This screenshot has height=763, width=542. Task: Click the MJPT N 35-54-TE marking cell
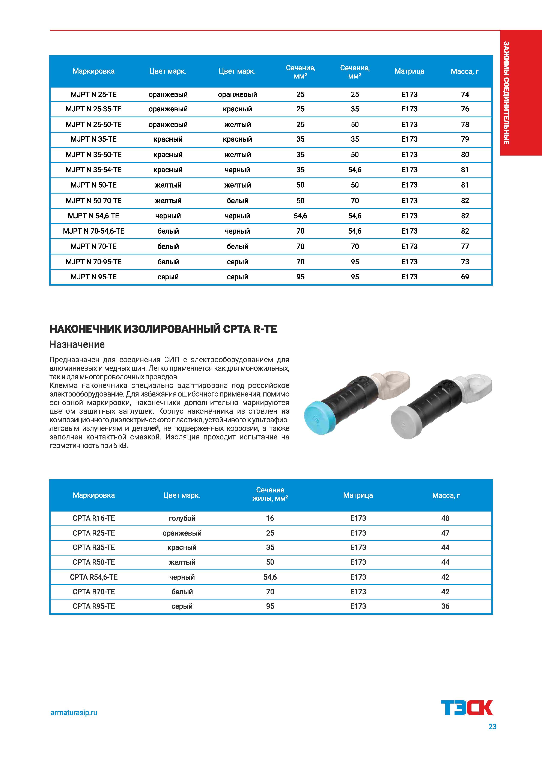pyautogui.click(x=93, y=170)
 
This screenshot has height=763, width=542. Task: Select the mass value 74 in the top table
pyautogui.click(x=465, y=94)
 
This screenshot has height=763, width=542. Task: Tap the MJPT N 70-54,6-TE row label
pyautogui.click(x=93, y=231)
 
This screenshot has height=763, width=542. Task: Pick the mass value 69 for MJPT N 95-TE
pyautogui.click(x=465, y=277)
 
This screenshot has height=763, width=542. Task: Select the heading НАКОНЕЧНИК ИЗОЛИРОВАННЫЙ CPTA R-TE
pyautogui.click(x=163, y=329)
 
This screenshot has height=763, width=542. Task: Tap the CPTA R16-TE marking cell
pyautogui.click(x=93, y=518)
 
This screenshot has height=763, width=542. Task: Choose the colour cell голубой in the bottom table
pyautogui.click(x=182, y=518)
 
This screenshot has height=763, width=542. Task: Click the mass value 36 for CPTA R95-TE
pyautogui.click(x=445, y=606)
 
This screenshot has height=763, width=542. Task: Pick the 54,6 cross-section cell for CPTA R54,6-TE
pyautogui.click(x=270, y=577)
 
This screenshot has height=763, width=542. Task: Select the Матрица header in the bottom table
pyautogui.click(x=358, y=495)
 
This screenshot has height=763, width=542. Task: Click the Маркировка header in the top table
pyautogui.click(x=93, y=71)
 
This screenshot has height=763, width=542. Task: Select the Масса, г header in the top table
pyautogui.click(x=465, y=71)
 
